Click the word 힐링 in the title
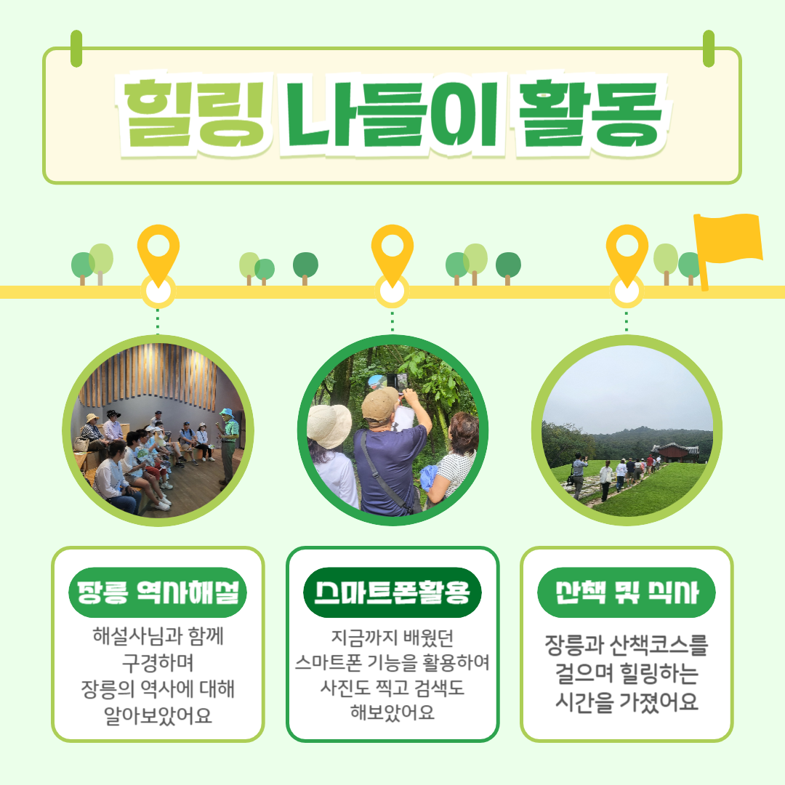193,115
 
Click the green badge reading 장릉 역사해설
158,592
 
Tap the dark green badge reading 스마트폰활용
392,592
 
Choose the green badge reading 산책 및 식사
627,592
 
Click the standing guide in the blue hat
228,446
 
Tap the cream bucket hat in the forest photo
329,425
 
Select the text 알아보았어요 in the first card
158,715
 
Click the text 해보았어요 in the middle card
392,712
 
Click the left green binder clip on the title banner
76,49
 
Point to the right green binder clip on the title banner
709,49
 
